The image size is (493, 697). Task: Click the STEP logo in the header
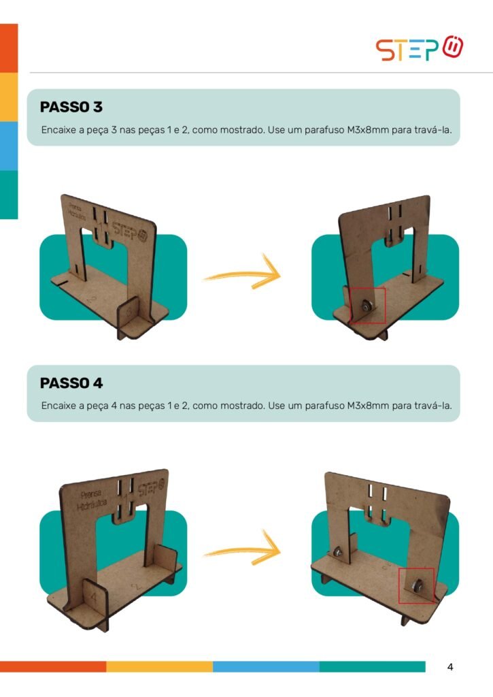pyautogui.click(x=420, y=48)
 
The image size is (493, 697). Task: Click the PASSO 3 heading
pyautogui.click(x=71, y=107)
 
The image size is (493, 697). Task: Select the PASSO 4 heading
pyautogui.click(x=71, y=383)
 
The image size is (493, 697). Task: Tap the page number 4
pyautogui.click(x=450, y=667)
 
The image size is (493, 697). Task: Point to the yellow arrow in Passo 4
pyautogui.click(x=243, y=549)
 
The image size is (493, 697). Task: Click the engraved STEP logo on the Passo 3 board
pyautogui.click(x=130, y=232)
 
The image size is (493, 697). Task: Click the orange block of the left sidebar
pyautogui.click(x=9, y=48)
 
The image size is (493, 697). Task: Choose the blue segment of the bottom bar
pyautogui.click(x=266, y=666)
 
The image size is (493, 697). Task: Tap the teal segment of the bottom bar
pyautogui.click(x=372, y=666)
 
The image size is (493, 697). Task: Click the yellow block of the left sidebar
pyautogui.click(x=9, y=97)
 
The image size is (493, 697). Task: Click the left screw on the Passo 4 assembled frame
pyautogui.click(x=337, y=551)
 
